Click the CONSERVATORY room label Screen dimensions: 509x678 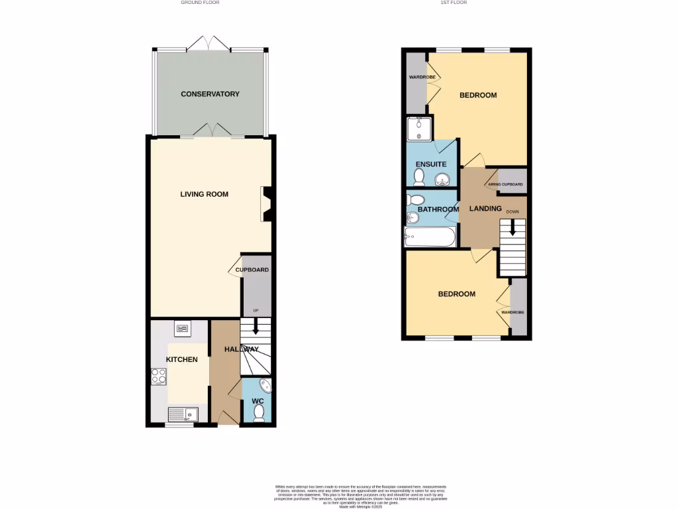click(x=210, y=94)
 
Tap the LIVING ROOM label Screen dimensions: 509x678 click(x=205, y=194)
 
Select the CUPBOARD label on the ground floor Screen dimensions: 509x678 click(x=252, y=270)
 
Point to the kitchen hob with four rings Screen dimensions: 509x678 click(x=159, y=376)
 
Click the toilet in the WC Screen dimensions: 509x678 click(x=258, y=413)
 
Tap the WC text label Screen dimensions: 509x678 click(x=258, y=400)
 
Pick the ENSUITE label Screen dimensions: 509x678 click(x=431, y=164)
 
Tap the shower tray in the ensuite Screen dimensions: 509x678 click(x=419, y=129)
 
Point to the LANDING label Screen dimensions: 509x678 click(x=485, y=209)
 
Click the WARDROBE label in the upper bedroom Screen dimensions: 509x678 click(x=417, y=78)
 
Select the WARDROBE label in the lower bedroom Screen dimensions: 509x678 click(x=513, y=311)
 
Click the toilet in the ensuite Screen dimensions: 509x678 click(x=418, y=176)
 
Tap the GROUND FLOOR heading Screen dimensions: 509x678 click(x=200, y=3)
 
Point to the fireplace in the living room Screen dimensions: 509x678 click(x=267, y=203)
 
